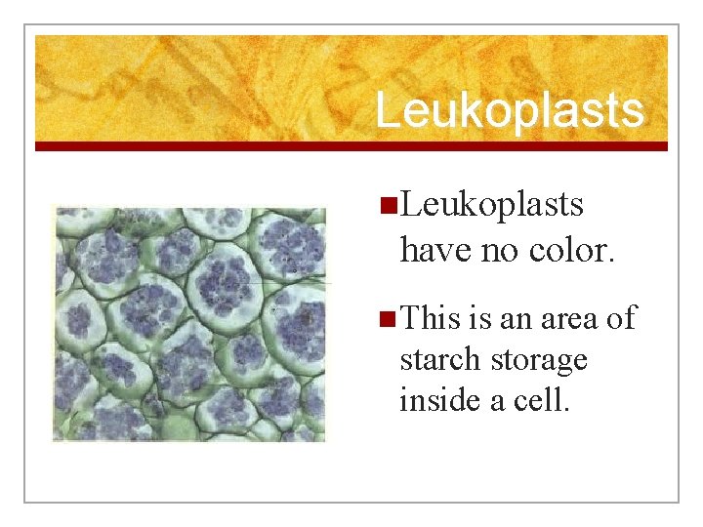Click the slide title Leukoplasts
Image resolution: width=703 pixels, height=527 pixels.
(509, 110)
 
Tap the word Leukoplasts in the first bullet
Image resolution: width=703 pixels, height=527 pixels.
(491, 205)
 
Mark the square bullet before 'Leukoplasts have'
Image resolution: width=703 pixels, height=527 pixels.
(388, 206)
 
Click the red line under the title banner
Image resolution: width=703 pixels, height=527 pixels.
(351, 146)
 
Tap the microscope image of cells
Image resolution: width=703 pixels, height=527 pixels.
(189, 323)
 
